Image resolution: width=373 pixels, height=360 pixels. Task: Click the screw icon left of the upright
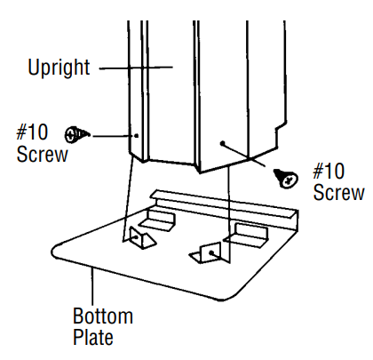tap(77, 134)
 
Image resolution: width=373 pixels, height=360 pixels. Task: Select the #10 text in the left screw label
tap(35, 133)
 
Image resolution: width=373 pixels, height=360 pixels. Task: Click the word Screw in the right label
tap(338, 192)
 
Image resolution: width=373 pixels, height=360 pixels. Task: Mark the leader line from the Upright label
tap(133, 68)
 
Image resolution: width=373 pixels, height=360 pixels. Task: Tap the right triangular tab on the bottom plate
tap(208, 253)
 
